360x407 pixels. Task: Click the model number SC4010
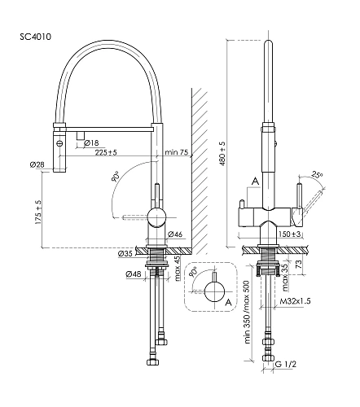pyautogui.click(x=35, y=37)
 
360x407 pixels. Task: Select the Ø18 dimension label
pyautogui.click(x=91, y=142)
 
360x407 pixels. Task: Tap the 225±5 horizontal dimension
pyautogui.click(x=106, y=152)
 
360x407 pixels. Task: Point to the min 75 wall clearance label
pyautogui.click(x=177, y=152)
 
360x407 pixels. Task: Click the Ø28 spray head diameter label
pyautogui.click(x=37, y=164)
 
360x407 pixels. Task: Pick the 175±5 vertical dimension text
pyautogui.click(x=38, y=212)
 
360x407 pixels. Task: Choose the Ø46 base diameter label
pyautogui.click(x=175, y=234)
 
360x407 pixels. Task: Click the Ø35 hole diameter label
pyautogui.click(x=125, y=253)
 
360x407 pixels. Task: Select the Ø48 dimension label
pyautogui.click(x=134, y=274)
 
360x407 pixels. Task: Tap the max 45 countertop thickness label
pyautogui.click(x=177, y=269)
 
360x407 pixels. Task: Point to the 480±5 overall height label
pyautogui.click(x=222, y=153)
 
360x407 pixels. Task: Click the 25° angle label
pyautogui.click(x=317, y=175)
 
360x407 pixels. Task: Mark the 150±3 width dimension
pyautogui.click(x=290, y=234)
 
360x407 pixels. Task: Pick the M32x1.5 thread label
pyautogui.click(x=295, y=301)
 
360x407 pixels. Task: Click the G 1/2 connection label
pyautogui.click(x=286, y=364)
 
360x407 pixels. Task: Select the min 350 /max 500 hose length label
pyautogui.click(x=248, y=311)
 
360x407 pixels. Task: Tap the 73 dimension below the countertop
pyautogui.click(x=298, y=264)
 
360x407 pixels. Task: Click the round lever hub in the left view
pyautogui.click(x=156, y=217)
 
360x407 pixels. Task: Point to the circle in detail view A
pyautogui.click(x=215, y=291)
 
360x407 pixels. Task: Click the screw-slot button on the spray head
pyautogui.click(x=59, y=142)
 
